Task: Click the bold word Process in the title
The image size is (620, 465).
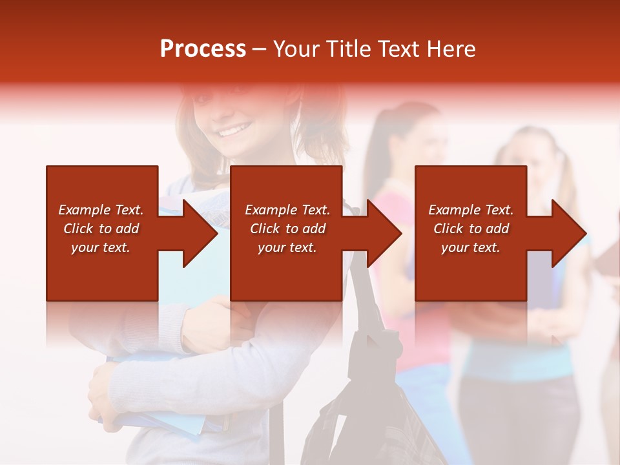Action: pos(203,49)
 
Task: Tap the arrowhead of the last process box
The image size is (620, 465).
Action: pos(568,233)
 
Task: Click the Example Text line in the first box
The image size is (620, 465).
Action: pos(101,210)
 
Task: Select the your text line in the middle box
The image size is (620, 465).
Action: pos(287,247)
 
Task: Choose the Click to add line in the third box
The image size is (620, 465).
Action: pos(471,229)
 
